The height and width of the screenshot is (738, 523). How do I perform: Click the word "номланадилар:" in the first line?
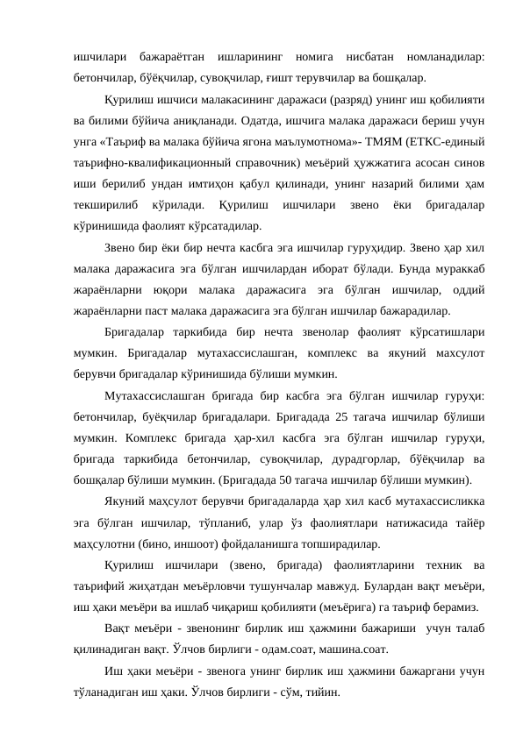(441, 55)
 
